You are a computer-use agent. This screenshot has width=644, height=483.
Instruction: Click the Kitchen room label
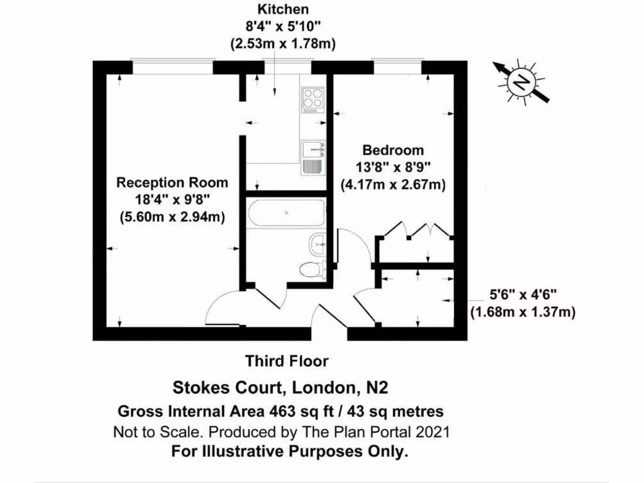click(x=282, y=9)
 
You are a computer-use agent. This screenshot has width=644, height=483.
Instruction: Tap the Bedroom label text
click(x=393, y=150)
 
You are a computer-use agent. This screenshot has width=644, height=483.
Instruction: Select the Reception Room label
click(x=172, y=183)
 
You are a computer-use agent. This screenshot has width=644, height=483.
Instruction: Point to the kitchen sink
click(x=313, y=149)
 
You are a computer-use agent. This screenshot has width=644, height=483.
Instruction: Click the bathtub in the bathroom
click(x=287, y=213)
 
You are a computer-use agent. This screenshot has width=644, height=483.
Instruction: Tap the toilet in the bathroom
click(x=313, y=269)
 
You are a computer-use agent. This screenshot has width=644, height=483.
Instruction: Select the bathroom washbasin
click(x=318, y=245)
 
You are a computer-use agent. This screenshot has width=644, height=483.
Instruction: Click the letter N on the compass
click(x=521, y=83)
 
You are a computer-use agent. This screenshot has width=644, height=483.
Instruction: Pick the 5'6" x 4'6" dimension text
click(x=523, y=294)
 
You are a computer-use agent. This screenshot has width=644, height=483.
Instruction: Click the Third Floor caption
click(x=287, y=361)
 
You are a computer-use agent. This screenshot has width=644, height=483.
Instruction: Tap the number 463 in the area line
click(x=282, y=411)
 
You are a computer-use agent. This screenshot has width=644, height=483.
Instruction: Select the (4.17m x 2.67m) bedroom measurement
click(x=393, y=185)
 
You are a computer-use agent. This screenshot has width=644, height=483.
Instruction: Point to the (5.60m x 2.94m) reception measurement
click(x=172, y=217)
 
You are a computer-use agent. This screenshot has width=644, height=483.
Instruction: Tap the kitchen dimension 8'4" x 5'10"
click(x=282, y=26)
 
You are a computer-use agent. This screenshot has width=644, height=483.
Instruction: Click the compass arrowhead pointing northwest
click(x=499, y=67)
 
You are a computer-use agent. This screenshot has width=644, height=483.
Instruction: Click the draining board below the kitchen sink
click(x=313, y=167)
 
